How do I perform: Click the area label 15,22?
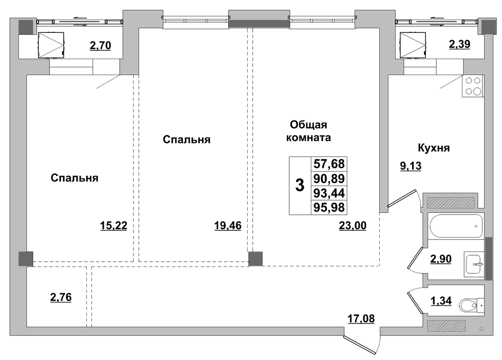click(114, 226)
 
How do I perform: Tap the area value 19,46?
click(228, 226)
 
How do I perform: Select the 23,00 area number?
click(352, 226)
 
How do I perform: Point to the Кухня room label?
click(434, 148)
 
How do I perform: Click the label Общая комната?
click(308, 131)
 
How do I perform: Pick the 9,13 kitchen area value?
click(411, 166)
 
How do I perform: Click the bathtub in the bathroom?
click(456, 226)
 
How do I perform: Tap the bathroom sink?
click(474, 264)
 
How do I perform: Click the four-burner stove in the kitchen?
click(473, 86)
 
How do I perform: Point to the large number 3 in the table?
click(300, 185)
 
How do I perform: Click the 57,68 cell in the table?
click(329, 164)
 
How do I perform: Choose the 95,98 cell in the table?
click(329, 207)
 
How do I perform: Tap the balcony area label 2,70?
click(100, 46)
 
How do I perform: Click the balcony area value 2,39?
click(459, 44)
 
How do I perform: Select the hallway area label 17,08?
click(361, 319)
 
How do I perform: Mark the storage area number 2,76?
click(61, 297)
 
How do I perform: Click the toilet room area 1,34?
click(441, 301)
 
